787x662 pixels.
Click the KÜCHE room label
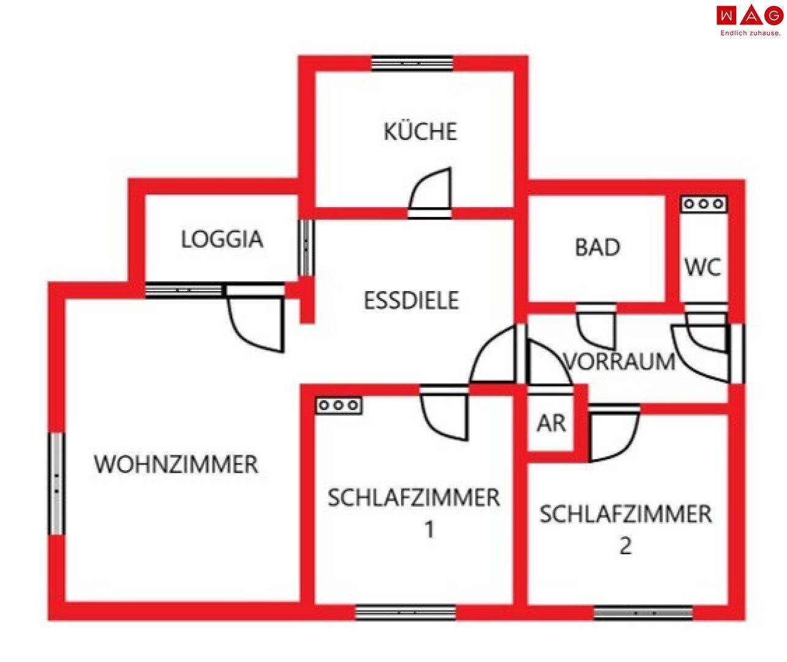(420, 132)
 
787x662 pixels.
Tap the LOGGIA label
(222, 239)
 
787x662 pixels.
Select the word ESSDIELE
(411, 300)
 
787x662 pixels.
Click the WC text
(703, 267)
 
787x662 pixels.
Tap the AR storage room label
(551, 423)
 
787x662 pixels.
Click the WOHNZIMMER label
(176, 464)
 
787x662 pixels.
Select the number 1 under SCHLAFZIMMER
(429, 528)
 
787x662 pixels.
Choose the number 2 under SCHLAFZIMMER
(625, 545)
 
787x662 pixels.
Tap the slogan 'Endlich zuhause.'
(750, 33)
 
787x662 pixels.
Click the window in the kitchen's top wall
(412, 63)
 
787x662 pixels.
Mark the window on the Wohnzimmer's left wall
(56, 483)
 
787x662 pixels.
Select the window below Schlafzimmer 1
(405, 612)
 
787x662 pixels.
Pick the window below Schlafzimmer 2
(643, 612)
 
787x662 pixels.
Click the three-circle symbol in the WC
(704, 204)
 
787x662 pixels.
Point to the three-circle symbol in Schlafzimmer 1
(339, 405)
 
